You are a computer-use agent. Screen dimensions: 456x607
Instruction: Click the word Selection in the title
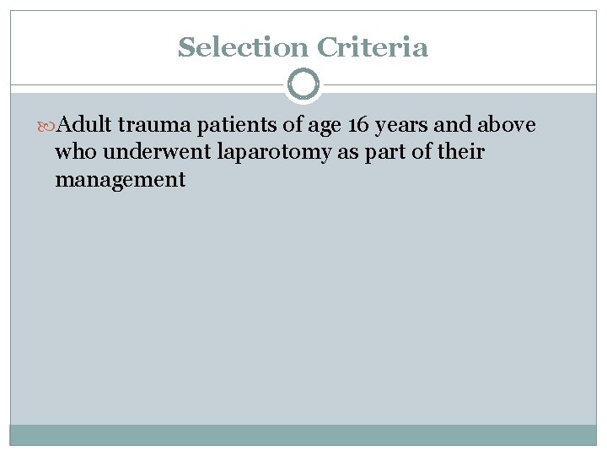[243, 47]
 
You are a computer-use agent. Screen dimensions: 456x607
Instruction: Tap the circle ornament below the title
[303, 84]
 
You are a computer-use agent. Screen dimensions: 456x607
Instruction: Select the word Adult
[87, 126]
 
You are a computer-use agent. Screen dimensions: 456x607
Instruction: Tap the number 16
[358, 126]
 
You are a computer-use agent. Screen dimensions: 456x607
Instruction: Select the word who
[73, 153]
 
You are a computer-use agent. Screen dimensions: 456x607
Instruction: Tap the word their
[462, 153]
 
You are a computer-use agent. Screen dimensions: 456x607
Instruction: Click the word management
[120, 181]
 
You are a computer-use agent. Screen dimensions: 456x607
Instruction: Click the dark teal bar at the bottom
[303, 435]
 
